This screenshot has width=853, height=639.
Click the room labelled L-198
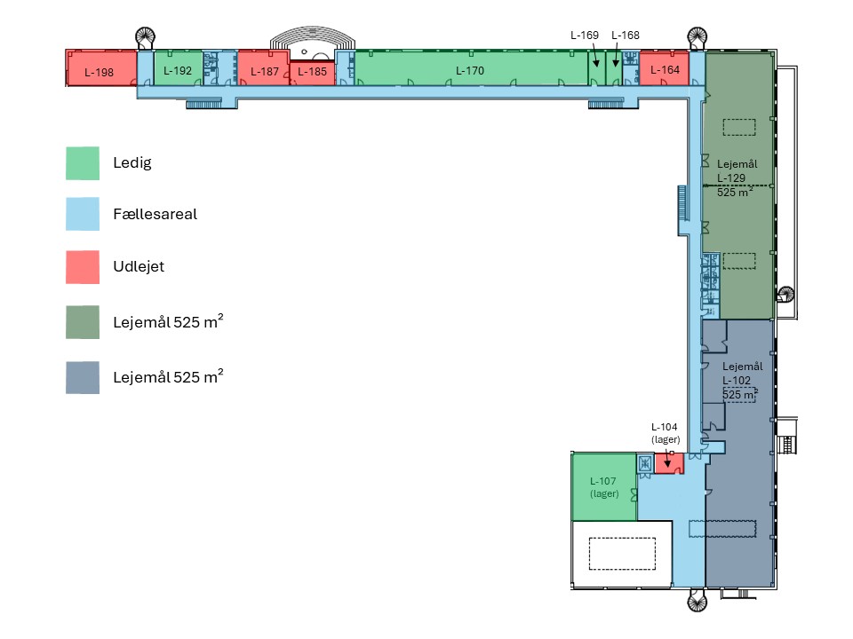click(101, 68)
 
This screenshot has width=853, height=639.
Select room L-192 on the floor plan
click(178, 68)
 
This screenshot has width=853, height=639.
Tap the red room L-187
click(263, 68)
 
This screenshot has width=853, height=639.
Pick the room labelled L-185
click(312, 73)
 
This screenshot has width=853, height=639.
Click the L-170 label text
click(470, 71)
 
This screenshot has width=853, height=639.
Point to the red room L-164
click(665, 68)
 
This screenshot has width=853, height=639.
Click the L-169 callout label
click(585, 35)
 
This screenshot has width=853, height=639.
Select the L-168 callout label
click(626, 35)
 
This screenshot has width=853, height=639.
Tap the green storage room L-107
click(604, 486)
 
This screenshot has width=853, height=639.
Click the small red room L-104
click(668, 463)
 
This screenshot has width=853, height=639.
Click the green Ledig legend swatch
click(83, 163)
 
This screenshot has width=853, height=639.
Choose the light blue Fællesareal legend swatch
click(83, 214)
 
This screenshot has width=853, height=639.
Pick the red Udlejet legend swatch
click(83, 267)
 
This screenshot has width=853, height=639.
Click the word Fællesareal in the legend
click(155, 214)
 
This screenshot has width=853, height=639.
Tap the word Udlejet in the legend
click(139, 266)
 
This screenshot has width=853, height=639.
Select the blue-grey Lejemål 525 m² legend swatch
click(83, 378)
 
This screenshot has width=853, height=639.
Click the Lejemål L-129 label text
click(737, 170)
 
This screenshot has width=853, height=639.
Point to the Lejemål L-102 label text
click(742, 374)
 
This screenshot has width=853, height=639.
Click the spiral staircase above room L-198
click(145, 38)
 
